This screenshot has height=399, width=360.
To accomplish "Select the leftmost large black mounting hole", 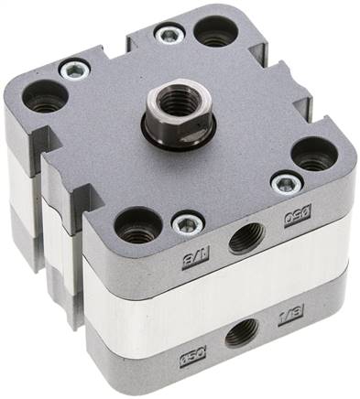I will [43, 93].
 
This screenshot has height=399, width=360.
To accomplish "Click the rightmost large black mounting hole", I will [313, 153].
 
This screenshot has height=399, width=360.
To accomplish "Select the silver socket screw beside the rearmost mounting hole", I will [169, 36].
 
